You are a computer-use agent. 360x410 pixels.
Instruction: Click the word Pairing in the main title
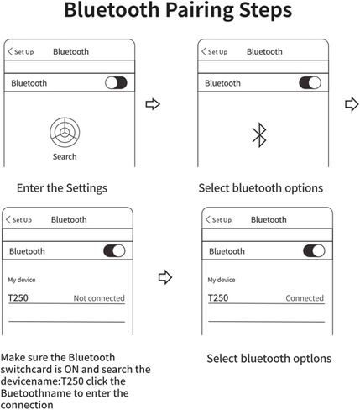[x=200, y=11]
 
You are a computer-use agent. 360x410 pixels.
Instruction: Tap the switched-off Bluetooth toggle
[x=116, y=83]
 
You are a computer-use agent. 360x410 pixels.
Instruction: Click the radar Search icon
[x=65, y=133]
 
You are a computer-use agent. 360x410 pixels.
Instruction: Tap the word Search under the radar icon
[x=65, y=156]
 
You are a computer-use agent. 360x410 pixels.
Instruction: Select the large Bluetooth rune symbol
[x=259, y=135]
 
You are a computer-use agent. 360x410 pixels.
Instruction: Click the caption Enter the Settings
[x=62, y=188]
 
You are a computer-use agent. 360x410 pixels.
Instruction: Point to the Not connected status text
[x=99, y=298]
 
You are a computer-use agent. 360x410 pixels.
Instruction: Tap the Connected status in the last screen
[x=305, y=298]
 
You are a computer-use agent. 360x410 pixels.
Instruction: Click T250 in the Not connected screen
[x=18, y=298]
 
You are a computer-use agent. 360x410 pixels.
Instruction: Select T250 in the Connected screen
[x=218, y=298]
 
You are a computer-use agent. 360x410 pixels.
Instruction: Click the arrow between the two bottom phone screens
[x=165, y=277]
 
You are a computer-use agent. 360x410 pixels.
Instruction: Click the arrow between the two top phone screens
[x=153, y=104]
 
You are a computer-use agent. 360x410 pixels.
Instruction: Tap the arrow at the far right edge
[x=352, y=104]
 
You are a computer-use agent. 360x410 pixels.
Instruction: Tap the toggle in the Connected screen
[x=314, y=250]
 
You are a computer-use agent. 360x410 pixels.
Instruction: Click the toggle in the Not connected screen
[x=114, y=250]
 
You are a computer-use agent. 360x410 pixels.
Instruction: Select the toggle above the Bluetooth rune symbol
[x=310, y=83]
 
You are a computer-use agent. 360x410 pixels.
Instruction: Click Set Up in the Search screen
[x=23, y=52]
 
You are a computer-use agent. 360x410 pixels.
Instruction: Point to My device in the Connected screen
[x=222, y=280]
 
